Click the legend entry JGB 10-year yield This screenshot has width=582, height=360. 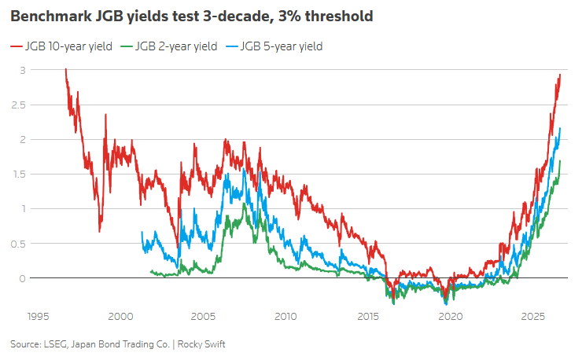(61, 46)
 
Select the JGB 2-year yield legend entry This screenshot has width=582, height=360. (169, 46)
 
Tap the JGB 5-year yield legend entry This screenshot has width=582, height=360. (274, 46)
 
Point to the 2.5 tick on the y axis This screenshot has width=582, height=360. (19, 105)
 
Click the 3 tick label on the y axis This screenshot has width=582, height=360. (23, 70)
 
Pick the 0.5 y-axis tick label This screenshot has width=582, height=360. (19, 244)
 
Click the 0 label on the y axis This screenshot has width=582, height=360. (23, 278)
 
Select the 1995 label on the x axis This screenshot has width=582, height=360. (39, 317)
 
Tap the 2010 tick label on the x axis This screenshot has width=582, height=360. (285, 317)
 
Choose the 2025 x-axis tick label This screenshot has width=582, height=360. (533, 317)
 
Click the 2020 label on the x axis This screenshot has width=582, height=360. (451, 317)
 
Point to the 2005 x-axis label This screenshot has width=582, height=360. (203, 317)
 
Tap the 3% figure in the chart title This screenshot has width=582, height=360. (289, 17)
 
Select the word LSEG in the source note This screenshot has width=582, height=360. (56, 344)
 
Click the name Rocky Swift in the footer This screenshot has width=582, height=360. (201, 344)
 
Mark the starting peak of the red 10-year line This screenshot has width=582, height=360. (66, 69)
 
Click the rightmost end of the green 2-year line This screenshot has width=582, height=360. (560, 161)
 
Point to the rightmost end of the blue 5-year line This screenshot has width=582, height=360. (560, 128)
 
